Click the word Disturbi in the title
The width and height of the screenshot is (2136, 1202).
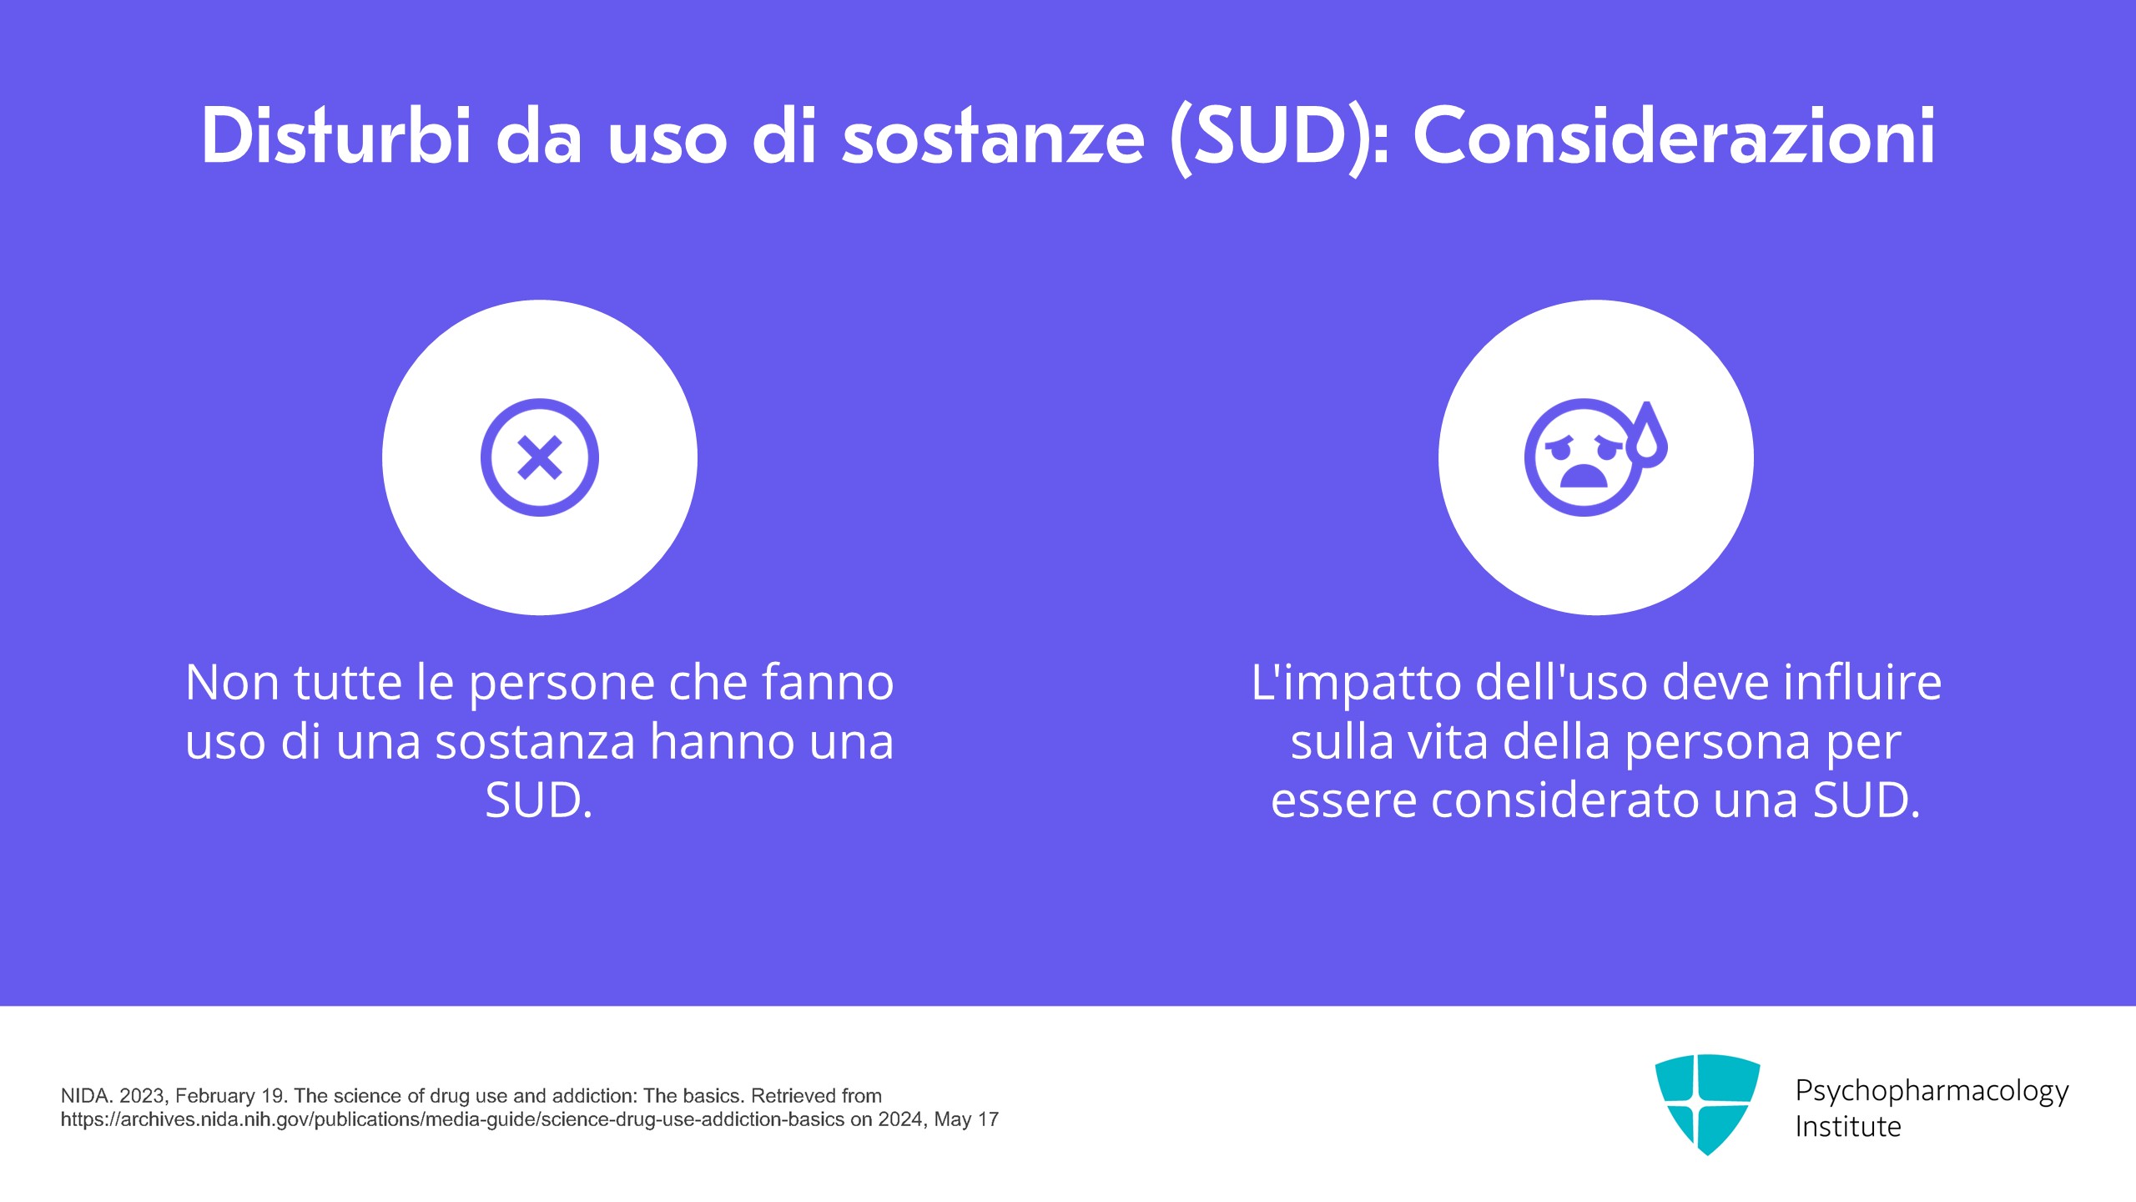pyautogui.click(x=337, y=135)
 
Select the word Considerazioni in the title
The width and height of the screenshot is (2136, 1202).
pyautogui.click(x=1674, y=135)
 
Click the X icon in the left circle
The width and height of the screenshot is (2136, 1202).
pyautogui.click(x=540, y=457)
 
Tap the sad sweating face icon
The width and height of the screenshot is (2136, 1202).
pyautogui.click(x=1595, y=457)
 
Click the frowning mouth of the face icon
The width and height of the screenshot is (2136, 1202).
pyautogui.click(x=1583, y=476)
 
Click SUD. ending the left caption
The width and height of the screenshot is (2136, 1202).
pyautogui.click(x=539, y=800)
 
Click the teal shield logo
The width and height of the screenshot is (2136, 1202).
pyautogui.click(x=1707, y=1104)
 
